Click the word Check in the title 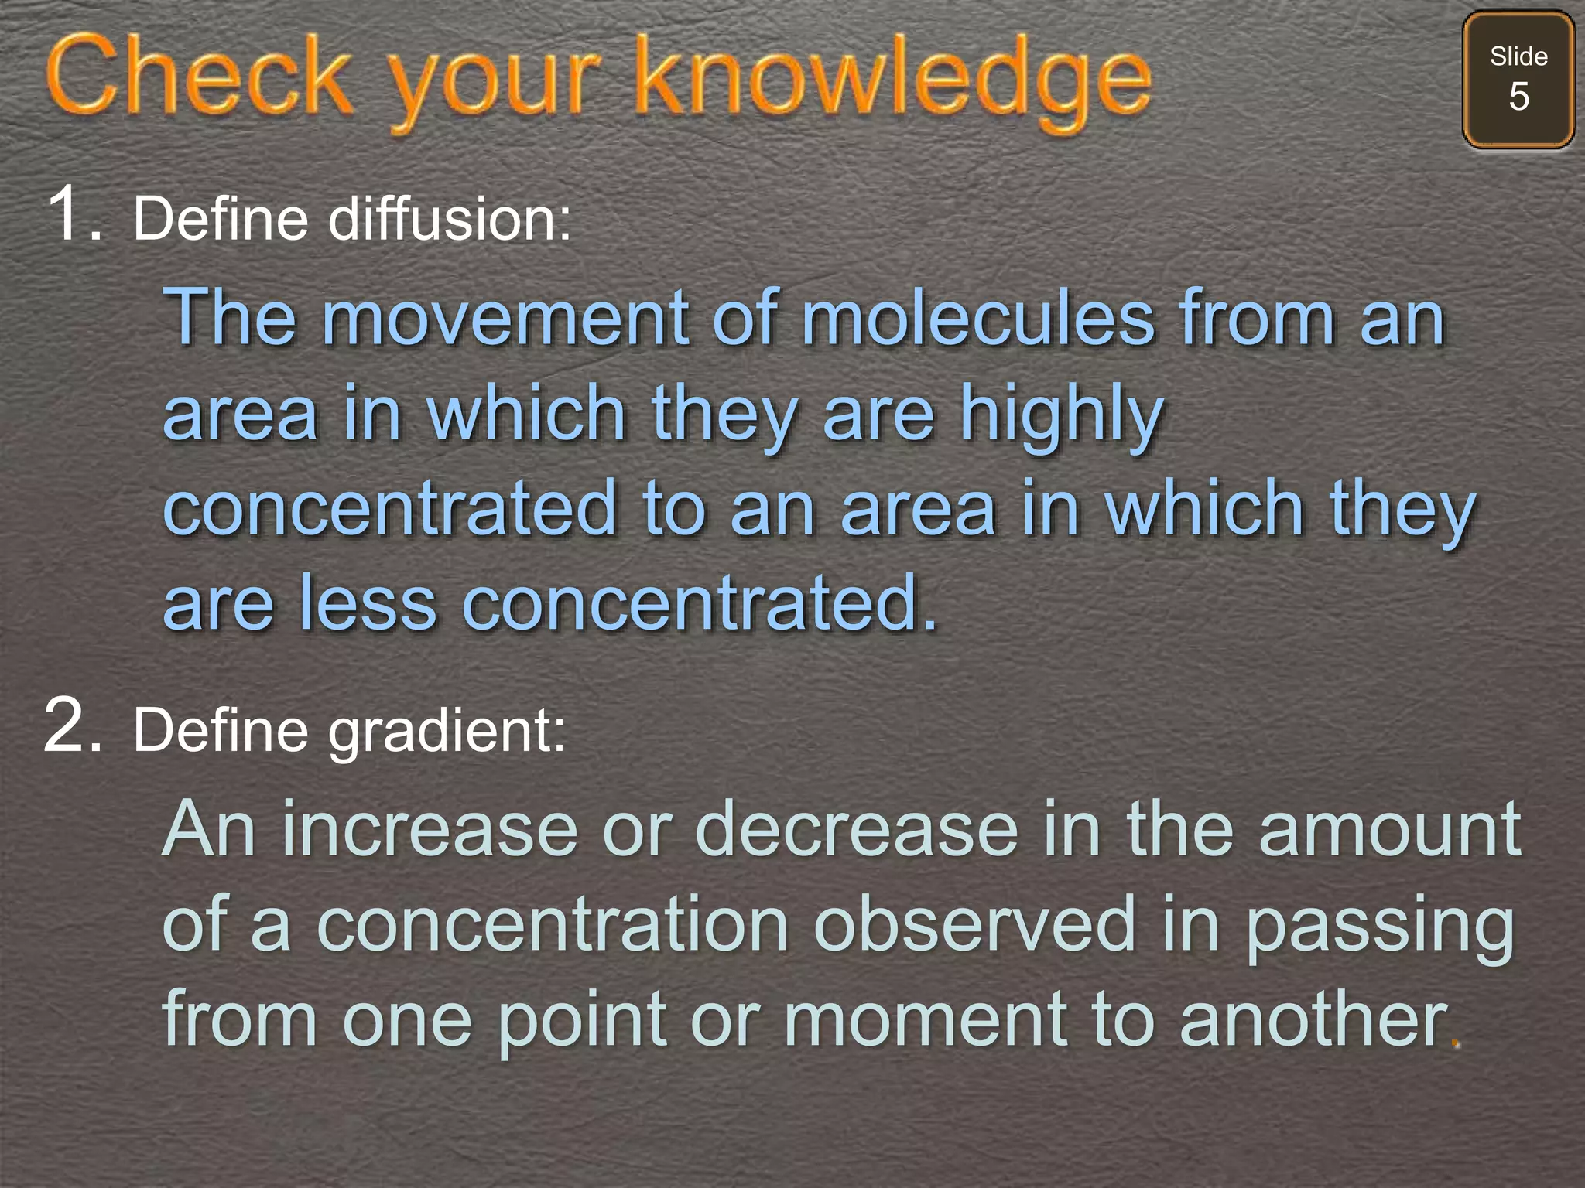point(199,77)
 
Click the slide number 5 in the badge point(1518,97)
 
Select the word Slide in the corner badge point(1518,56)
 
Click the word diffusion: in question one point(450,219)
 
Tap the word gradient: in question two point(447,731)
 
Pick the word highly point(1062,416)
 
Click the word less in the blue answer point(368,603)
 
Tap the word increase point(430,829)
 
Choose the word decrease point(856,829)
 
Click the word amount point(1390,829)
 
